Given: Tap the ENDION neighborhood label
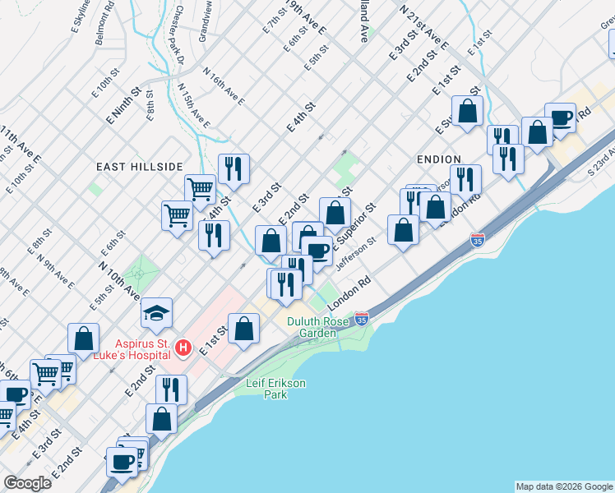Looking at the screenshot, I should tap(438, 159).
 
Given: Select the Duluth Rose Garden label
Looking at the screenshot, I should tap(312, 327).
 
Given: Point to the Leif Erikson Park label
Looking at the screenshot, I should tap(267, 388).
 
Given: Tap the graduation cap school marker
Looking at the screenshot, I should tap(156, 313).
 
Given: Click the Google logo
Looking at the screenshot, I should tap(28, 483).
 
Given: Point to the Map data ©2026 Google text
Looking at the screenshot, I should tap(564, 486).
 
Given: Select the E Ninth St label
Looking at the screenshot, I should tap(123, 106).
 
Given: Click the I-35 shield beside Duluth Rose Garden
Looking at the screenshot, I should tap(362, 317).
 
